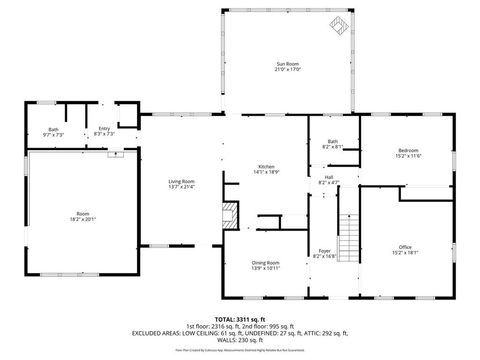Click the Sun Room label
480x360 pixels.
pyautogui.click(x=287, y=64)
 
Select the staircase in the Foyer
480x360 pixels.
pyautogui.click(x=348, y=238)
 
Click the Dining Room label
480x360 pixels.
pyautogui.click(x=266, y=263)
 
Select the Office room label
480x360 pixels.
pyautogui.click(x=405, y=247)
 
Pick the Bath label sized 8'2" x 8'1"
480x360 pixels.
pyautogui.click(x=332, y=141)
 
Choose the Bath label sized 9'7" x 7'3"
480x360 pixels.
pyautogui.click(x=53, y=130)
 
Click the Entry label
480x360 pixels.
pyautogui.click(x=104, y=128)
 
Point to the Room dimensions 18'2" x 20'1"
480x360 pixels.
pyautogui.click(x=82, y=219)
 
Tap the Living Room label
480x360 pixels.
pyautogui.click(x=181, y=181)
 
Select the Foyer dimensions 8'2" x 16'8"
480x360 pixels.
pyautogui.click(x=325, y=256)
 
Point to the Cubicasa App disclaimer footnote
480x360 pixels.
pyautogui.click(x=240, y=350)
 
